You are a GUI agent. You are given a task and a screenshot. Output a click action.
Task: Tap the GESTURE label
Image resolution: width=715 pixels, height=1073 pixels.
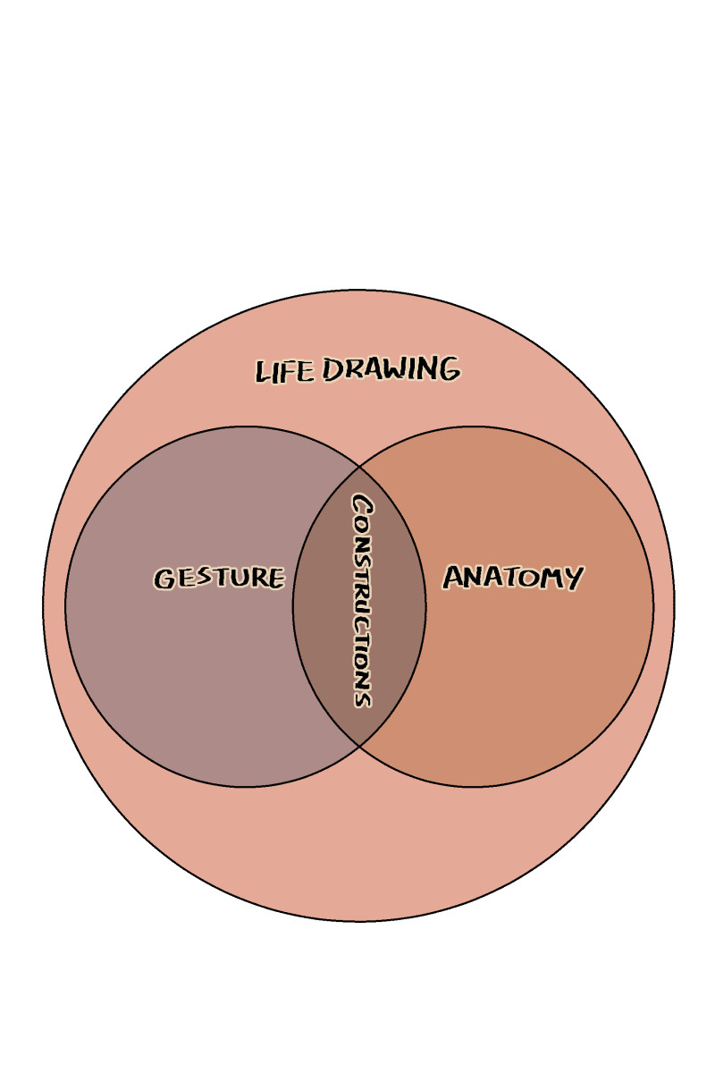coord(219,578)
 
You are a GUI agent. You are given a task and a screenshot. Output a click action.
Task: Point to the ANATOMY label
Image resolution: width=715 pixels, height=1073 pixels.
coord(513,578)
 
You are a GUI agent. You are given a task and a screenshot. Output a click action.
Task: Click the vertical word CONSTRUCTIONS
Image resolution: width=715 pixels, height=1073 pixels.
coord(362,601)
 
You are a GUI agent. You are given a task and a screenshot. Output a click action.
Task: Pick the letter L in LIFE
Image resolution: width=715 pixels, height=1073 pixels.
coord(263,372)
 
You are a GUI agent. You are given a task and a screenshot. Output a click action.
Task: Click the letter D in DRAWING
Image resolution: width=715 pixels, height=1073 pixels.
coord(333,369)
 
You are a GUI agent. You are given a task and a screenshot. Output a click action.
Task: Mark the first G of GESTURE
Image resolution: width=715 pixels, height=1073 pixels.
coord(164,579)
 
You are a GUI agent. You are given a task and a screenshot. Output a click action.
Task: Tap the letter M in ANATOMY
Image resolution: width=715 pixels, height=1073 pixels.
coord(546,578)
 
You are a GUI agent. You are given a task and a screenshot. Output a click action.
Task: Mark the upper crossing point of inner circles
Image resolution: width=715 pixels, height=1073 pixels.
coord(359,466)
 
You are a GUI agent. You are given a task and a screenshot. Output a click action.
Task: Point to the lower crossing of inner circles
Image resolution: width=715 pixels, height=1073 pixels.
coord(359,747)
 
